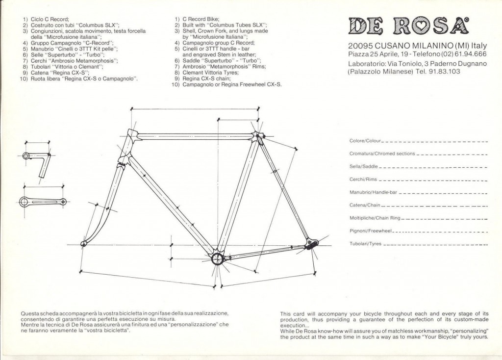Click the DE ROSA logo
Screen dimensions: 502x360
tap(408, 26)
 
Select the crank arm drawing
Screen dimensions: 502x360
tap(43, 202)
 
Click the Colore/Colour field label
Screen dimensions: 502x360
tap(365, 141)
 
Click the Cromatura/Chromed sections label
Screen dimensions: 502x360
tap(382, 154)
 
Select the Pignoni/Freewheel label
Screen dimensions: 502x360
tap(371, 231)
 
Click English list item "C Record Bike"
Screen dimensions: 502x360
tap(201, 19)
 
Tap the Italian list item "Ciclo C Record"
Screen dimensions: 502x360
tap(50, 19)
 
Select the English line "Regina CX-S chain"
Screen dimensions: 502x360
tap(206, 78)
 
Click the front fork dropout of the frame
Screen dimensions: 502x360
tap(83, 244)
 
